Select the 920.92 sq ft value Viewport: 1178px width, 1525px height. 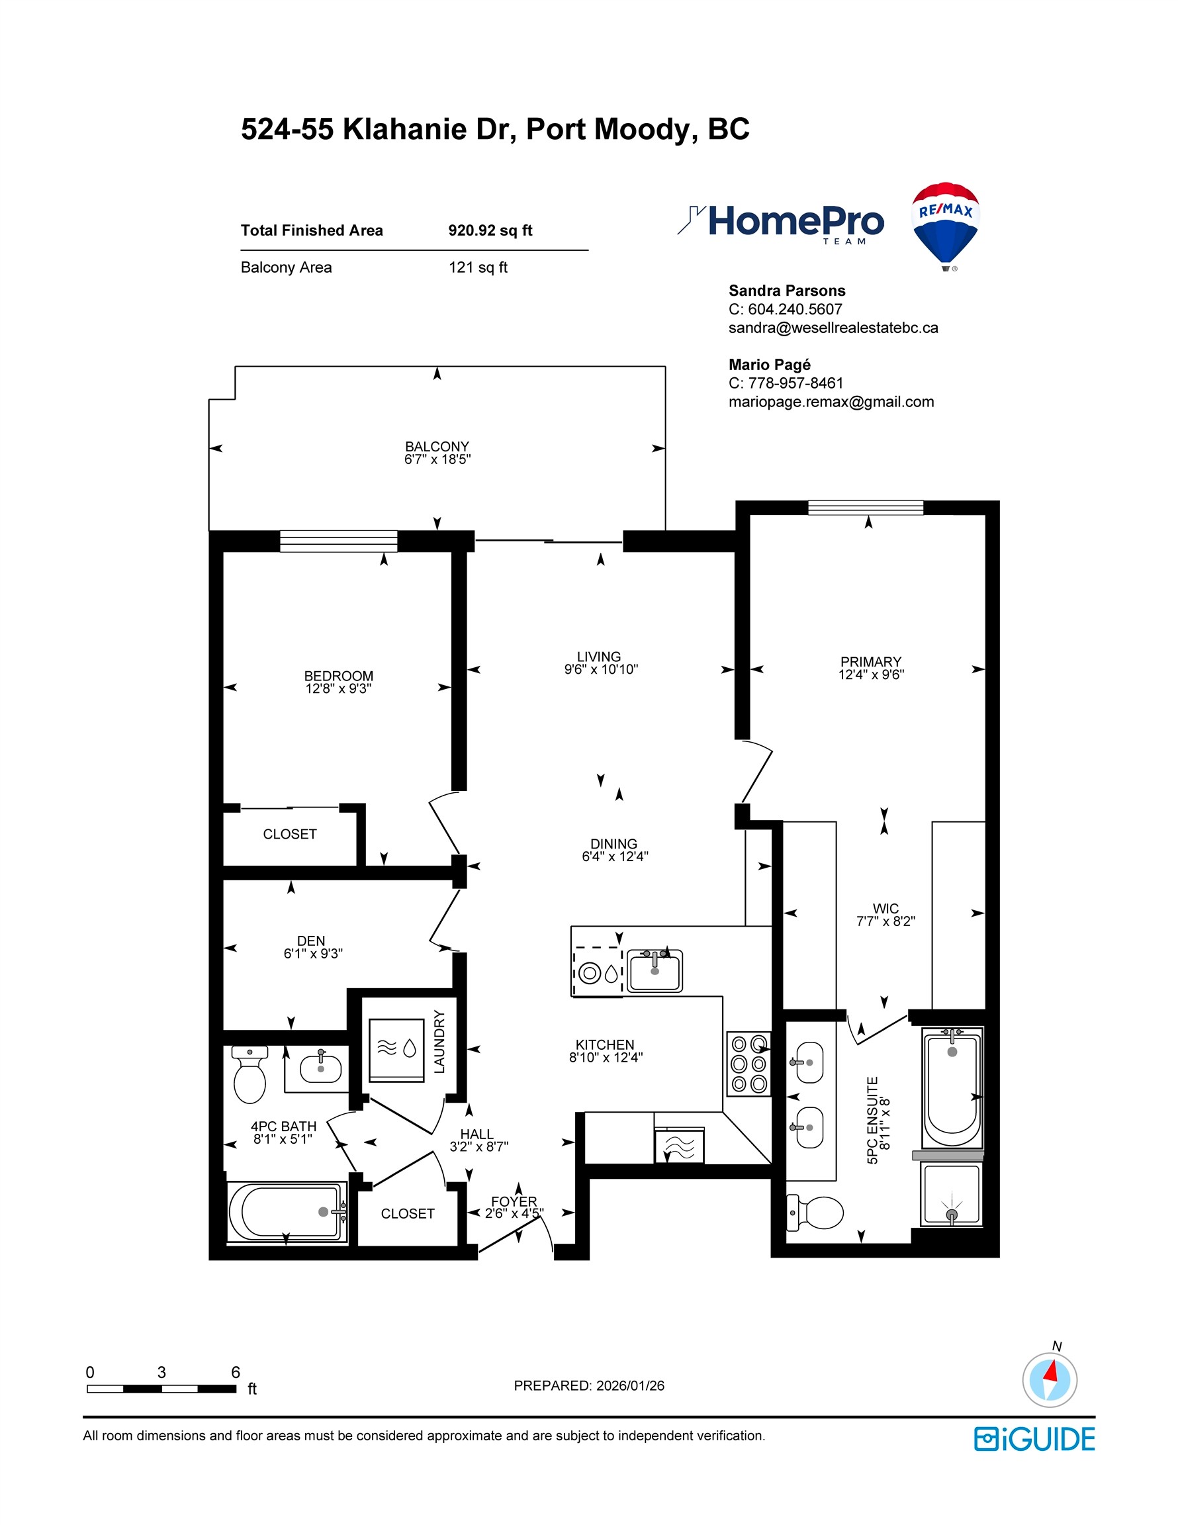pyautogui.click(x=490, y=230)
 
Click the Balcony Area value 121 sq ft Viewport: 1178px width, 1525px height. pyautogui.click(x=478, y=267)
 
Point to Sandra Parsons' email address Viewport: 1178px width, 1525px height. pyautogui.click(x=833, y=328)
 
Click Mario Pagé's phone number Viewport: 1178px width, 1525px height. pyautogui.click(x=795, y=383)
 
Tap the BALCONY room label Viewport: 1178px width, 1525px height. pyautogui.click(x=437, y=446)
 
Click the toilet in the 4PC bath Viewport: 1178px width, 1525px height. pyautogui.click(x=249, y=1075)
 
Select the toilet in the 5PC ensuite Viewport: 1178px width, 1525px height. pyautogui.click(x=816, y=1213)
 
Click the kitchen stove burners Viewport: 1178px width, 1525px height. pyautogui.click(x=748, y=1064)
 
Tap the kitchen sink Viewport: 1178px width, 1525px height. pyautogui.click(x=655, y=970)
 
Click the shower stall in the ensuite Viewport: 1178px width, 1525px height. pyautogui.click(x=951, y=1195)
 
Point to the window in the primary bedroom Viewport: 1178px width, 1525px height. pyautogui.click(x=865, y=508)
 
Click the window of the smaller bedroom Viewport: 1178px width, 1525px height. pyautogui.click(x=339, y=541)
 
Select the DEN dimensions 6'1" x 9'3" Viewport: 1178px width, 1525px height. pyautogui.click(x=313, y=954)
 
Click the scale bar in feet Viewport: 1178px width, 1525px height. pyautogui.click(x=161, y=1389)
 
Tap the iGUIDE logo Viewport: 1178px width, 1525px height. pyautogui.click(x=1034, y=1439)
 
